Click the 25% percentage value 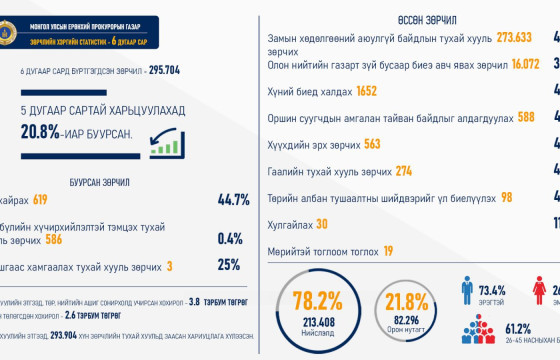tap(229, 265)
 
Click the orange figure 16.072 tap(518, 62)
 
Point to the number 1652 tap(366, 91)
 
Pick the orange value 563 tap(372, 143)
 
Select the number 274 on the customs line tap(403, 170)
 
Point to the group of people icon tap(477, 331)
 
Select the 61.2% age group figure tap(518, 328)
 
